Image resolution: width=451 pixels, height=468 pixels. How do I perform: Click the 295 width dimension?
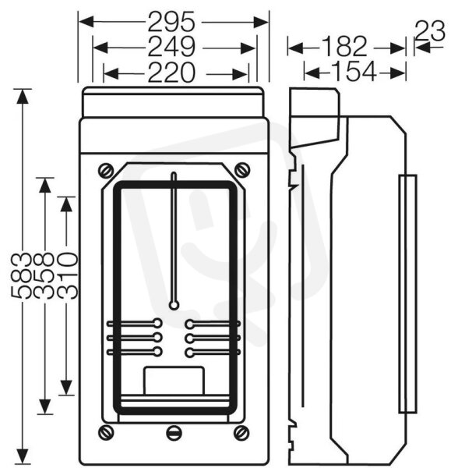(171, 22)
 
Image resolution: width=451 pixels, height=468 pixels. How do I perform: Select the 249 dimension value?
(171, 47)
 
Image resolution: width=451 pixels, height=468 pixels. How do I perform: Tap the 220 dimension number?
(171, 73)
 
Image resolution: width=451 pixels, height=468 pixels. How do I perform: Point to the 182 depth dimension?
(344, 47)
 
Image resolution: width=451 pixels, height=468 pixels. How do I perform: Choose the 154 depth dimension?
(354, 72)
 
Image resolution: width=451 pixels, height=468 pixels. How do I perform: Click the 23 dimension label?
(430, 31)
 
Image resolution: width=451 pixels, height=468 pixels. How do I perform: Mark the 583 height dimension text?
(22, 275)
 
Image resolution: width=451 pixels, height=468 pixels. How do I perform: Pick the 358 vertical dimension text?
(44, 275)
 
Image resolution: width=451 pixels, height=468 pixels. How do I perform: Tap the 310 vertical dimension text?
(67, 275)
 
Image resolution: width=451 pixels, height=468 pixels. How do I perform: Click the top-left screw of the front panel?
(106, 171)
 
